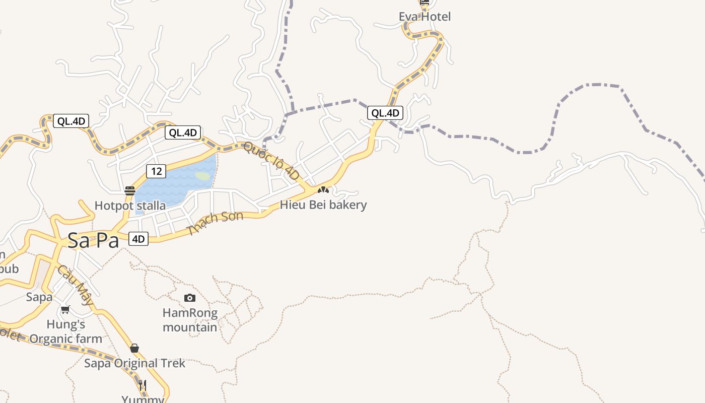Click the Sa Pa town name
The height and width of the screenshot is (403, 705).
93,240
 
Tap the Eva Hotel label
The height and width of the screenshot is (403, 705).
425,17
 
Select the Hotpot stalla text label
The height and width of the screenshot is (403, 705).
130,206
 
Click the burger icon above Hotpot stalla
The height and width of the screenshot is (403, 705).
130,191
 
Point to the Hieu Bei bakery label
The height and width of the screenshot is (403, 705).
323,205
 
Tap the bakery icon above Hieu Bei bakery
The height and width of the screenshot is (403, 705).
323,190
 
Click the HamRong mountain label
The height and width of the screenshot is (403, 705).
190,320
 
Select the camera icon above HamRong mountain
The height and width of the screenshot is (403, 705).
190,298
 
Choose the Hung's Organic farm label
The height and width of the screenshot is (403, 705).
65,331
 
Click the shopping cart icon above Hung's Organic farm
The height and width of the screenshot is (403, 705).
65,310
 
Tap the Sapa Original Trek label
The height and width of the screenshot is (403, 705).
134,363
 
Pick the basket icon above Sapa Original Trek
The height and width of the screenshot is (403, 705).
134,348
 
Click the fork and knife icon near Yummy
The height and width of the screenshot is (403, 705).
143,385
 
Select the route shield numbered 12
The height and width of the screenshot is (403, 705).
156,171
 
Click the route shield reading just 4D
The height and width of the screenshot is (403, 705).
138,239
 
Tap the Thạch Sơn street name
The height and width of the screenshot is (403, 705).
215,223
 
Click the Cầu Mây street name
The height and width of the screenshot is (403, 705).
75,285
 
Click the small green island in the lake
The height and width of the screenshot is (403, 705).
202,176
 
